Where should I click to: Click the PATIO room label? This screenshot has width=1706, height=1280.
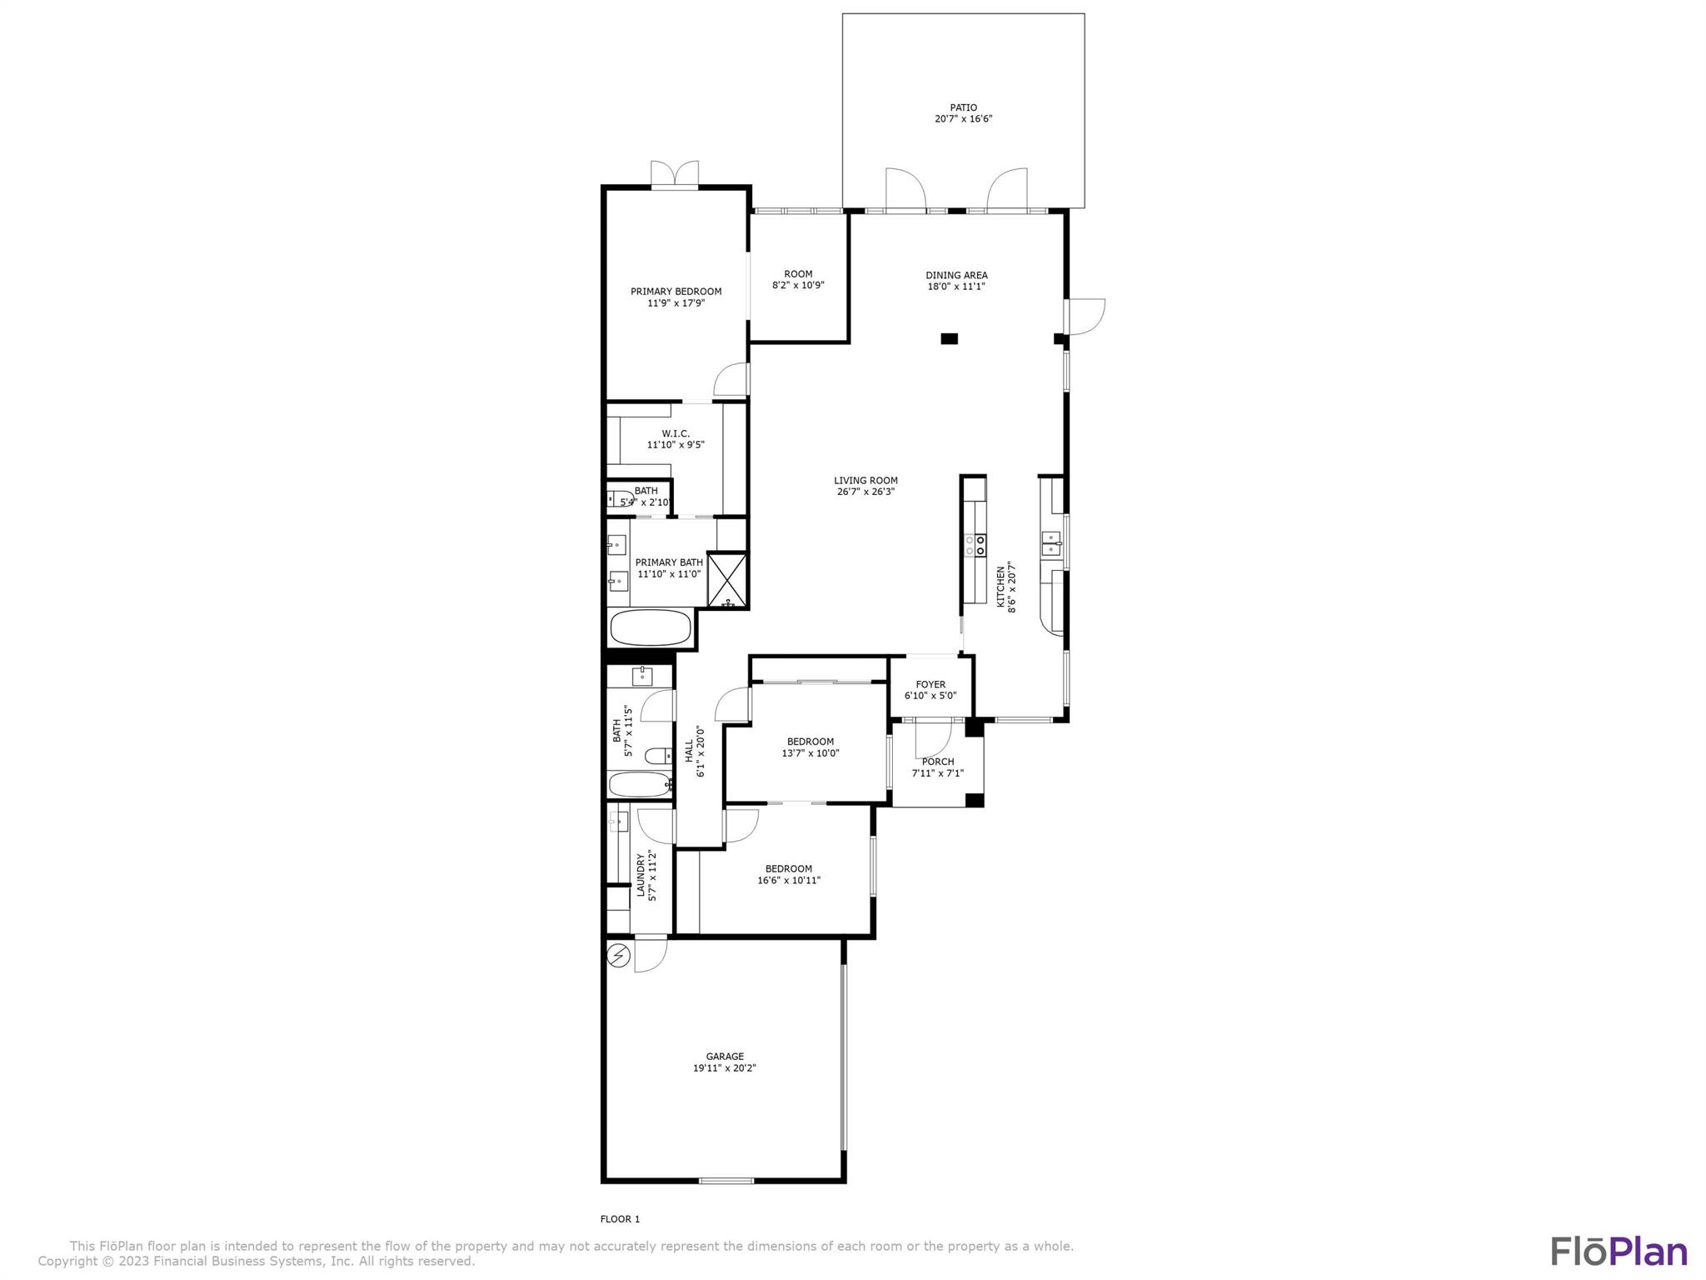tap(963, 107)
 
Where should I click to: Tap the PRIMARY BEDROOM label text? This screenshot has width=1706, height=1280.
tap(676, 292)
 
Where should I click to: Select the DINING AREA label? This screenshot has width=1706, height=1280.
tap(956, 275)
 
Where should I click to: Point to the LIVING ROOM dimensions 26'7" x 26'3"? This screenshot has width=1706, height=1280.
tap(865, 492)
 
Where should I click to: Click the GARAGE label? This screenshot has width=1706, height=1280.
tap(724, 1057)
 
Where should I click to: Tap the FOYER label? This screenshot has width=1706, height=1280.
tap(930, 684)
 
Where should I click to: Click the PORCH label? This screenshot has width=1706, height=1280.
tap(938, 762)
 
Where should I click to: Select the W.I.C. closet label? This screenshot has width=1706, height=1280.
tap(676, 433)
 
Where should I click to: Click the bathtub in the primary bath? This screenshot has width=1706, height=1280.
tap(651, 627)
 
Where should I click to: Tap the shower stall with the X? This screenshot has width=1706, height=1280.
tap(726, 580)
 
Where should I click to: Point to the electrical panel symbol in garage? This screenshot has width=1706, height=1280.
tap(618, 955)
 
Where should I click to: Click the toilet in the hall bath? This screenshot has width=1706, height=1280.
tap(658, 757)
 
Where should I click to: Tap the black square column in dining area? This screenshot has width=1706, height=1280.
tap(949, 338)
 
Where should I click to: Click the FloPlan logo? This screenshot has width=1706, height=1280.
tap(1619, 1251)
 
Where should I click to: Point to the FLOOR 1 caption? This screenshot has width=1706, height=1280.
tap(620, 1219)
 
